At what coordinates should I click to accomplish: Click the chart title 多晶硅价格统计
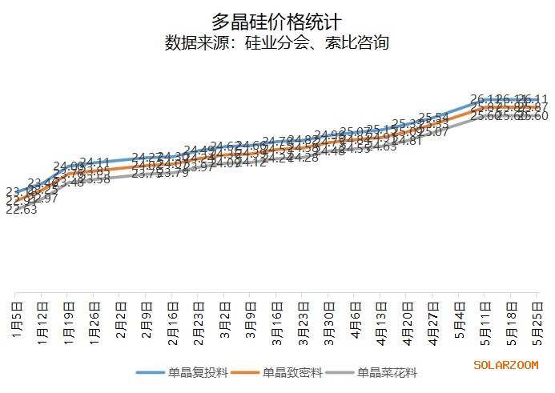pyautogui.click(x=276, y=21)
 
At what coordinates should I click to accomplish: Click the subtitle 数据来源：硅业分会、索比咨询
pyautogui.click(x=276, y=42)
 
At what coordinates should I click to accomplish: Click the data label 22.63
pyautogui.click(x=21, y=210)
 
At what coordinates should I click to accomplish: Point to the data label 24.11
pyautogui.click(x=95, y=162)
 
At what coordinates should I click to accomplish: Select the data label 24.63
pyautogui.click(x=383, y=146)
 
